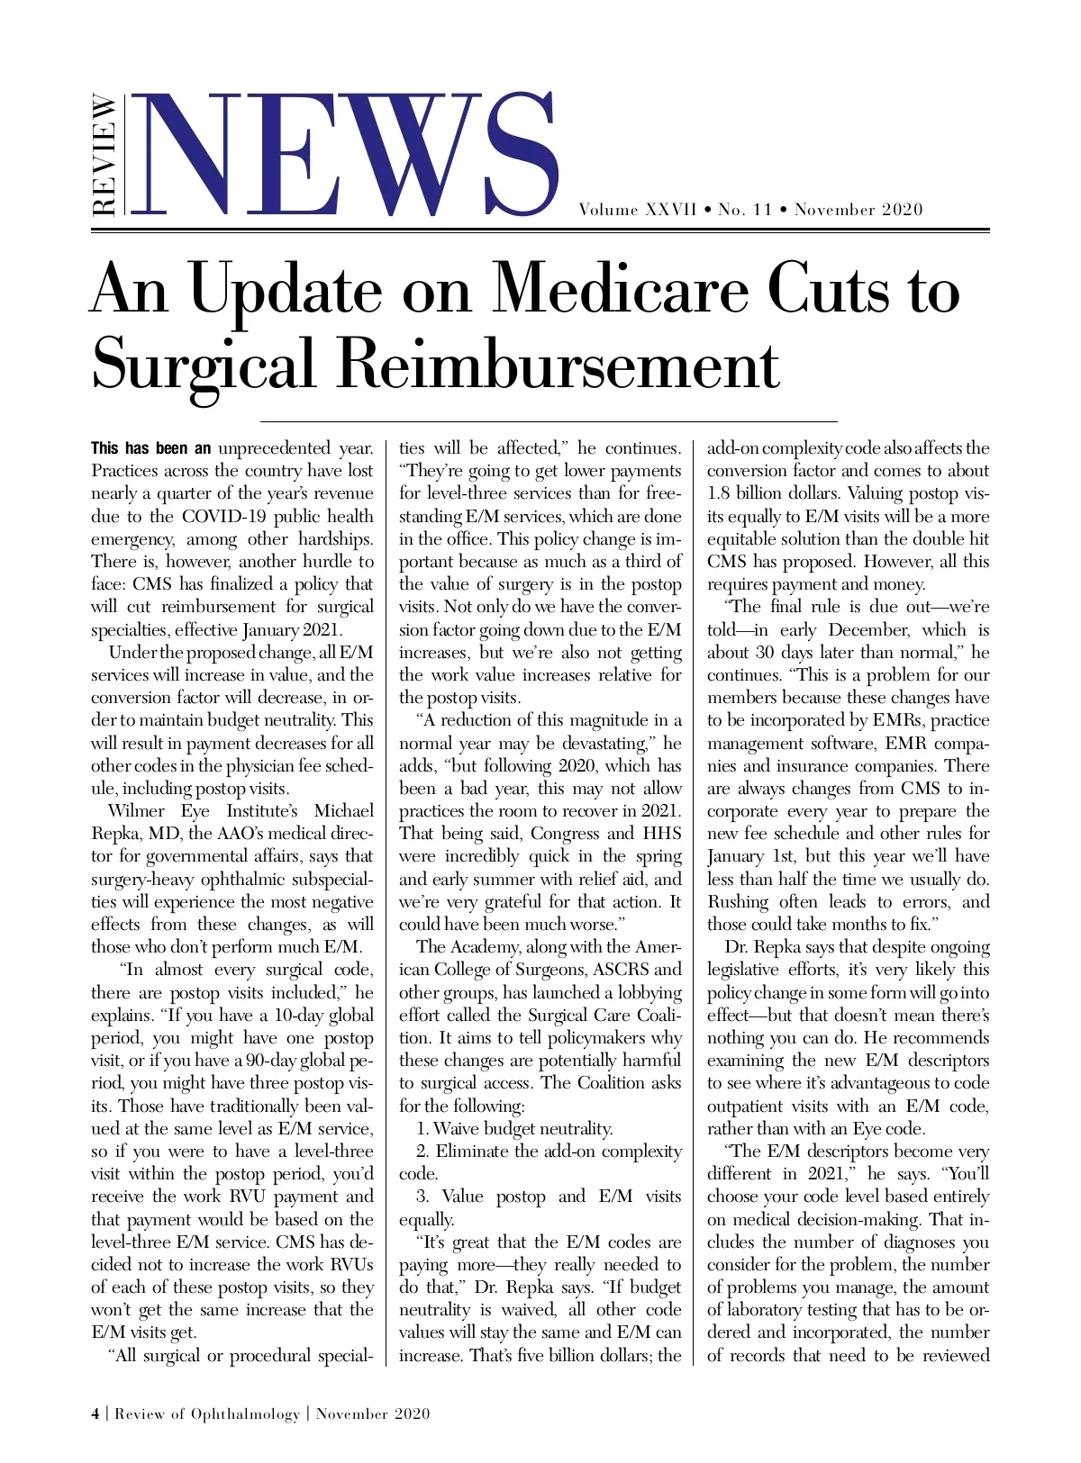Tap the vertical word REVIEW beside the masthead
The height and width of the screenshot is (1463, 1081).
point(104,155)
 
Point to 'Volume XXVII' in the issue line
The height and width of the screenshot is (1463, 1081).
point(637,210)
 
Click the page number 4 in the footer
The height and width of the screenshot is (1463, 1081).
point(95,1413)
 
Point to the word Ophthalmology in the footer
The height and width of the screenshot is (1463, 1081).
point(245,1413)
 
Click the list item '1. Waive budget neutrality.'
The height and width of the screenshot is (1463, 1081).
point(514,1129)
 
